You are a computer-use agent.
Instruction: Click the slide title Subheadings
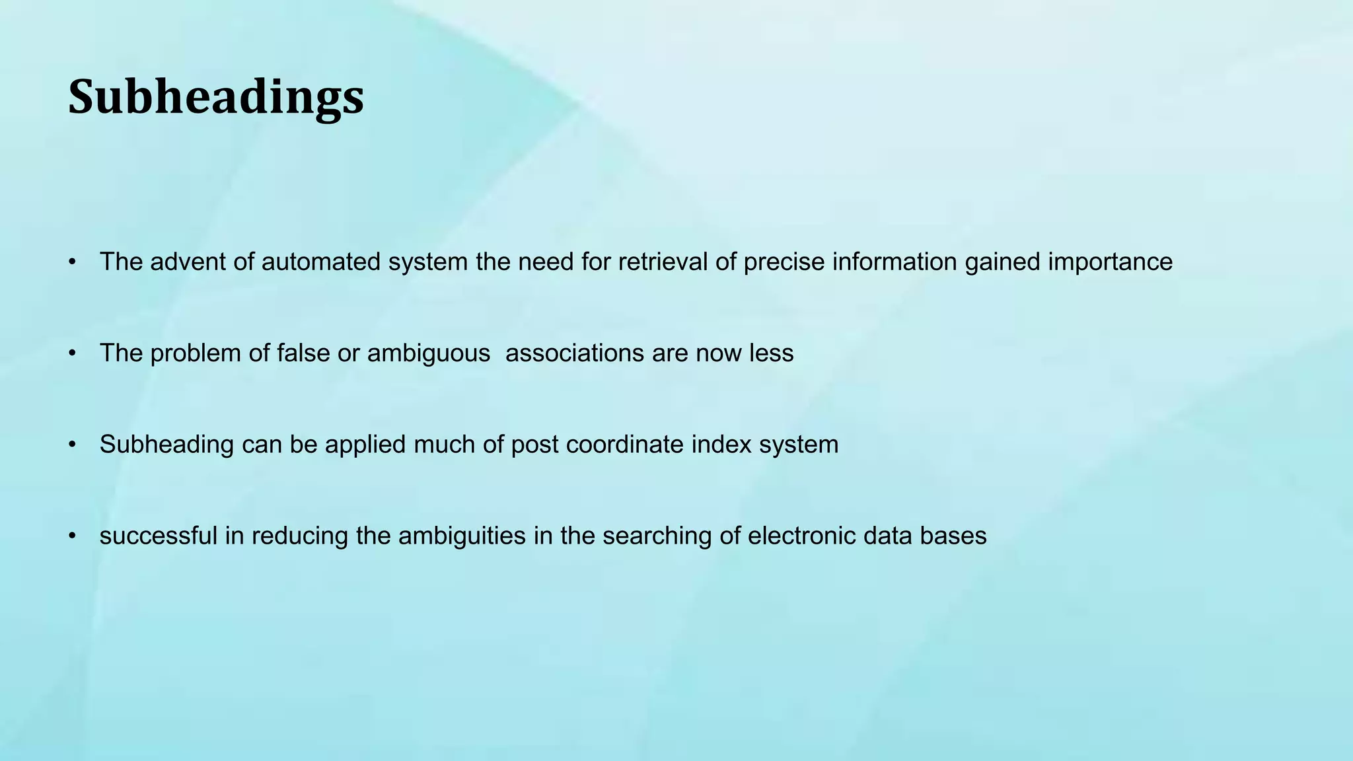pos(216,97)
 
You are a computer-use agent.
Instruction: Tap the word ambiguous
pos(429,353)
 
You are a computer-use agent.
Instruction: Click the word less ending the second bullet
pos(771,353)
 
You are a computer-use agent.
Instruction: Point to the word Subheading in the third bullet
pos(166,445)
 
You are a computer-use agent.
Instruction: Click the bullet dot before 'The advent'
pos(72,262)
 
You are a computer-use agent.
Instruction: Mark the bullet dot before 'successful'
pos(72,536)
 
